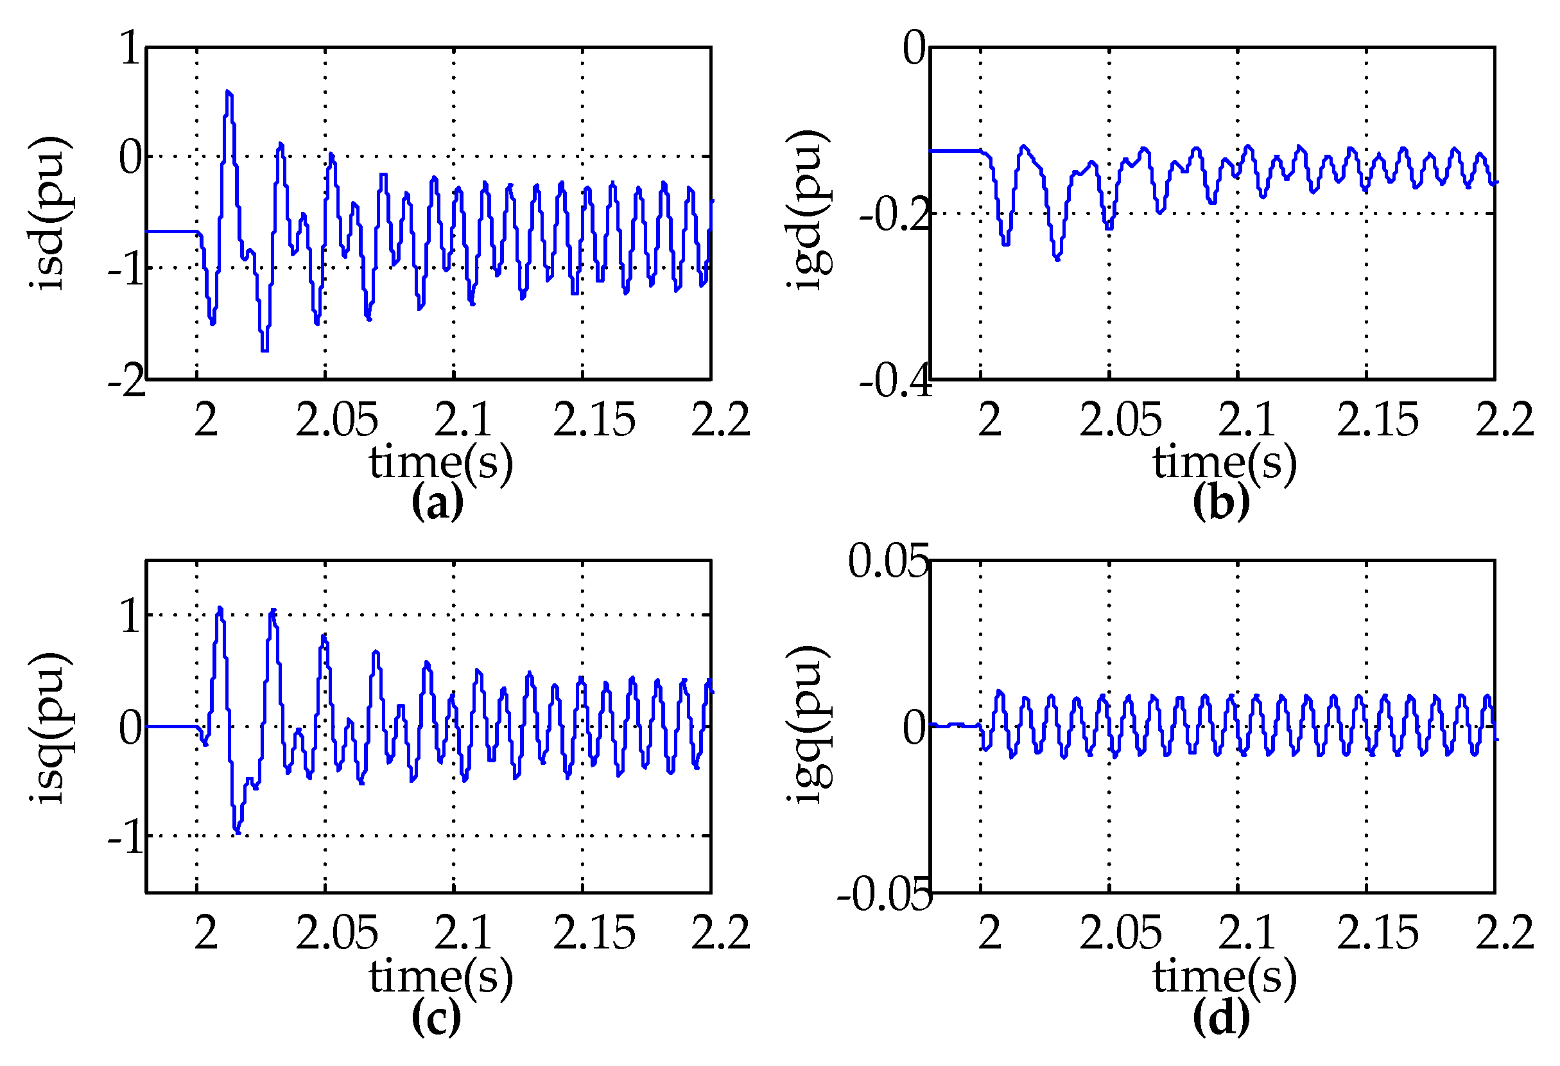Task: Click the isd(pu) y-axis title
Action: click(x=49, y=213)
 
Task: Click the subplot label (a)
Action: click(x=437, y=502)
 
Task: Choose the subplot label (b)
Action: click(x=1221, y=502)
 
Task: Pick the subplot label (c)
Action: click(x=437, y=1017)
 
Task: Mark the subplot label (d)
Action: click(x=1221, y=1017)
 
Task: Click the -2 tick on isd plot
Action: click(x=126, y=381)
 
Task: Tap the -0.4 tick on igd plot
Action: click(x=895, y=381)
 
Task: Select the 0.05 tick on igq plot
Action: click(x=887, y=561)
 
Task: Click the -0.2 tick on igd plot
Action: click(x=895, y=215)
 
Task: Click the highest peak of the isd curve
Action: click(x=229, y=92)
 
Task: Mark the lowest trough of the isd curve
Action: click(x=264, y=350)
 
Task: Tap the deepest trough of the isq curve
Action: click(x=237, y=832)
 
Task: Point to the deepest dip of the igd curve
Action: click(x=1057, y=258)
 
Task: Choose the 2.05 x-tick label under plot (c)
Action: click(x=336, y=933)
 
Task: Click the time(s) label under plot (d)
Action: click(x=1224, y=976)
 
